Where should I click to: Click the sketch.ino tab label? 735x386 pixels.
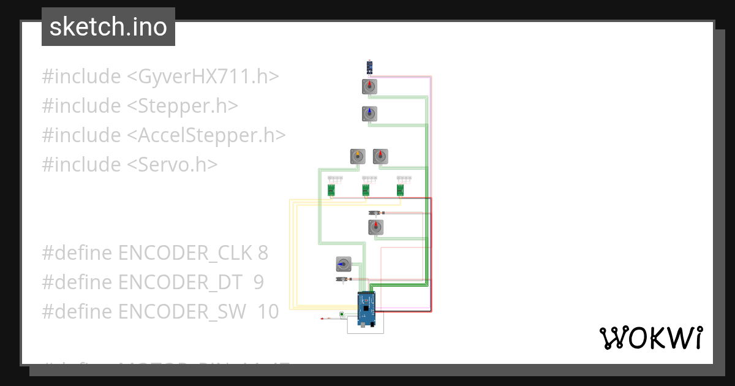click(108, 27)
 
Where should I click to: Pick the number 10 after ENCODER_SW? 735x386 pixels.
click(268, 311)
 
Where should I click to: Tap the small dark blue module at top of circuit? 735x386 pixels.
click(369, 67)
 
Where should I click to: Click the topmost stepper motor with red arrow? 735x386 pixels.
click(369, 87)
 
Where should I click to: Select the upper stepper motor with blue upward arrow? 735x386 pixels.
click(369, 114)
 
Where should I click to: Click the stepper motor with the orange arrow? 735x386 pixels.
click(358, 157)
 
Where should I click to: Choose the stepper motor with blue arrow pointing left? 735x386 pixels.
click(344, 264)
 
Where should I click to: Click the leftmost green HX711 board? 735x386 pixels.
click(331, 191)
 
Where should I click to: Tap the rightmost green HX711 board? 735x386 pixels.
click(401, 191)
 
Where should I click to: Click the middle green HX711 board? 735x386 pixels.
click(366, 191)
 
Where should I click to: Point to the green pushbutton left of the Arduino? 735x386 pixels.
click(341, 315)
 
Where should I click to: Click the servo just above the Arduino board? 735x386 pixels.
click(344, 279)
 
